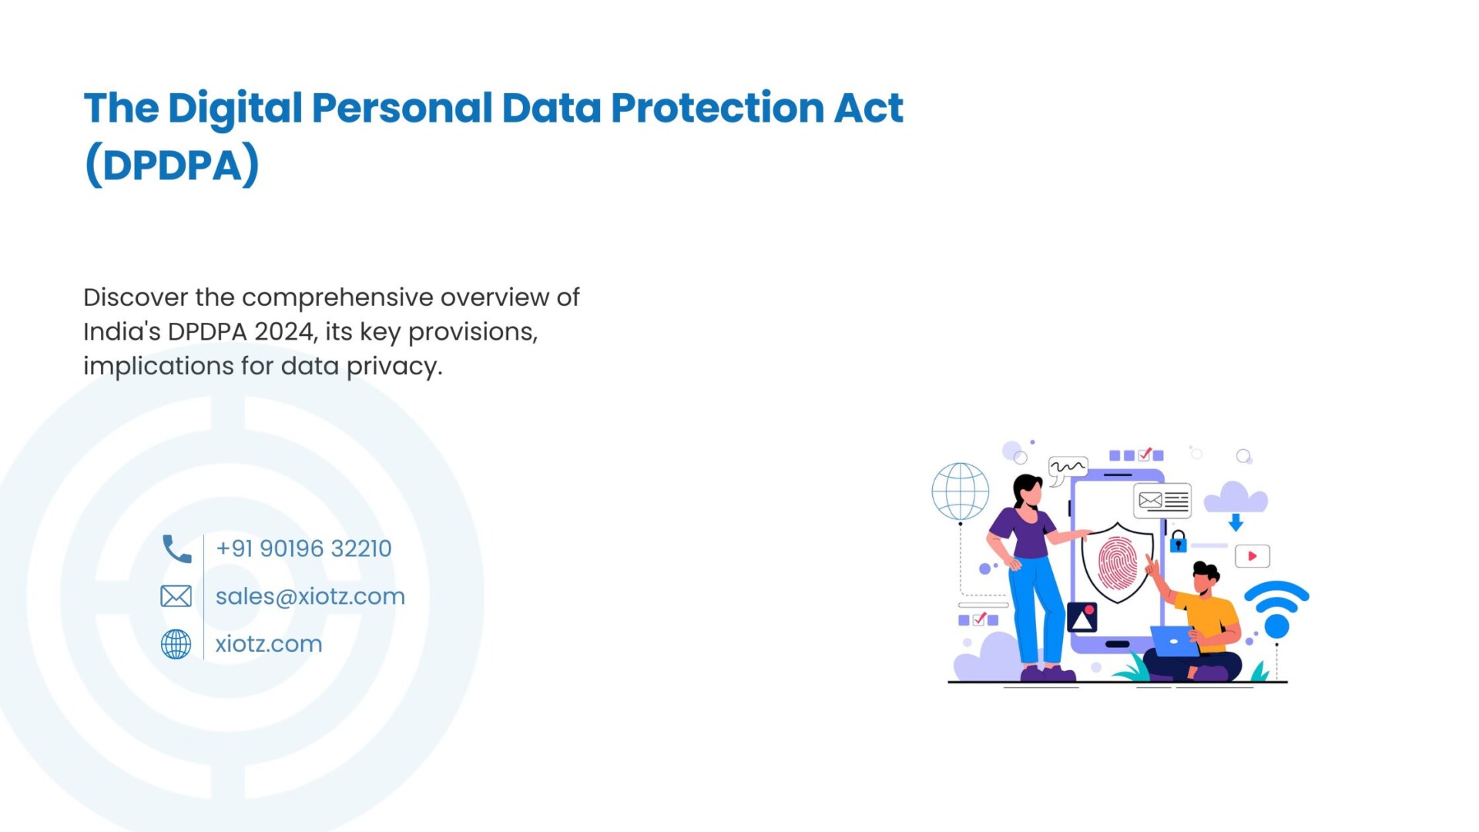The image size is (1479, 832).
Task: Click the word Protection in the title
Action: click(717, 107)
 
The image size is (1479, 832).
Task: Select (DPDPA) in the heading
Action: click(172, 165)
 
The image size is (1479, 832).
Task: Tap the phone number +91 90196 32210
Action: click(304, 549)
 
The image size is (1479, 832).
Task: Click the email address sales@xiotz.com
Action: click(310, 596)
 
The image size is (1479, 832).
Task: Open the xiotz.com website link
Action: click(269, 644)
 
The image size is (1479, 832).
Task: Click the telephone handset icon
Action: click(176, 549)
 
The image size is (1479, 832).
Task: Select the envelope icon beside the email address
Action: click(176, 596)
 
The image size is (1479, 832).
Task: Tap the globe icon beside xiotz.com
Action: click(176, 644)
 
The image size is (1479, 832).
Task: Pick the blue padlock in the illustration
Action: click(1179, 542)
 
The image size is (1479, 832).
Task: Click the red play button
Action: click(1253, 556)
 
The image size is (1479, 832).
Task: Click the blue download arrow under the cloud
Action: click(1236, 523)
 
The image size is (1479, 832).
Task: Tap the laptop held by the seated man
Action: click(1174, 641)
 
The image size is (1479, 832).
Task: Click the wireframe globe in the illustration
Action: click(960, 491)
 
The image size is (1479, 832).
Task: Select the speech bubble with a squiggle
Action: click(1068, 469)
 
